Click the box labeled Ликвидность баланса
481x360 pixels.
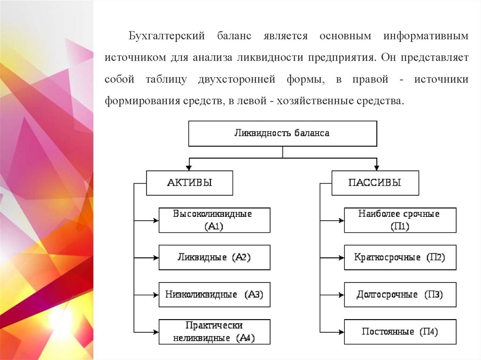coord(282,133)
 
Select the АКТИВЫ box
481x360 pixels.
coord(189,183)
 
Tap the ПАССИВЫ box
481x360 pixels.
coord(375,183)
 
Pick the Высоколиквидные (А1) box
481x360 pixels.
coord(214,220)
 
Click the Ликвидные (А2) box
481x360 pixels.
coord(214,257)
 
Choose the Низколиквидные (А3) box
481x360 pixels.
coord(214,295)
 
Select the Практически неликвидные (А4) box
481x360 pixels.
coord(214,332)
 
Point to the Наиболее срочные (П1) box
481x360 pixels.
coord(400,220)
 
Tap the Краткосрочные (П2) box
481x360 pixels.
coord(400,257)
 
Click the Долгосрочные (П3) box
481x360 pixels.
coord(400,295)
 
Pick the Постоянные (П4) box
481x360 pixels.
coord(400,332)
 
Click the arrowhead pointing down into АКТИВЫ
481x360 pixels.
coord(189,167)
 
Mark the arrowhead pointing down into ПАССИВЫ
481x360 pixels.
coord(376,167)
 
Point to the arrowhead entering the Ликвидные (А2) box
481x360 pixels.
coord(155,257)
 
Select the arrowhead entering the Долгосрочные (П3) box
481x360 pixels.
coord(341,295)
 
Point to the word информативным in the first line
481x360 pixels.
coord(426,36)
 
